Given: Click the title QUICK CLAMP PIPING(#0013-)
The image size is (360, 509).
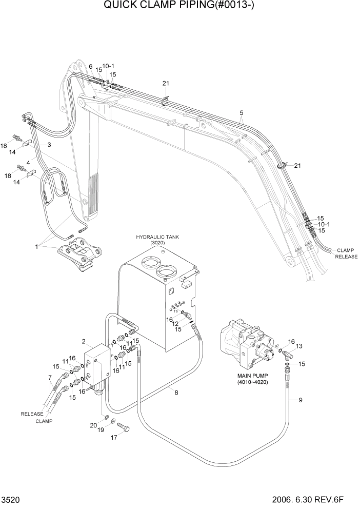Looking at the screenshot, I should [180, 7].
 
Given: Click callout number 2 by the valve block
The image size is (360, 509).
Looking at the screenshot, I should [83, 341].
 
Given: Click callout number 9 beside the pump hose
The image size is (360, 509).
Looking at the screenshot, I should [301, 401].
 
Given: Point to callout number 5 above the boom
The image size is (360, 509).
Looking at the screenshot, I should [241, 112].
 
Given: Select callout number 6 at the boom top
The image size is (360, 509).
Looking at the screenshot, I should [90, 67].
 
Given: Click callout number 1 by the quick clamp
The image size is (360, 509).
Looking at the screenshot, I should [36, 246].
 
